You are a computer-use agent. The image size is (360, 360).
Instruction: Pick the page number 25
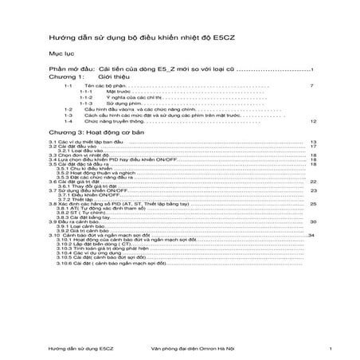(313, 204)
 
